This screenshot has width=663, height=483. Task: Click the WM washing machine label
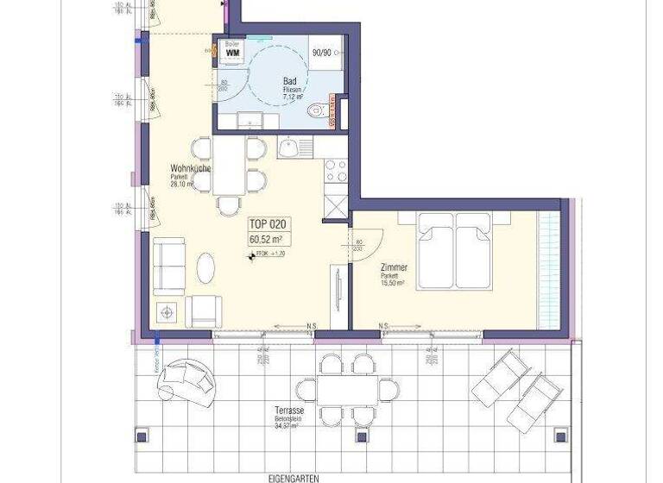(231, 53)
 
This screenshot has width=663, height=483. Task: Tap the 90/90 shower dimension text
(322, 53)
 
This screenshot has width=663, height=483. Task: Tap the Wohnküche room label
(191, 168)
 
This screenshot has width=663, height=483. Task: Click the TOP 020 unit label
(266, 223)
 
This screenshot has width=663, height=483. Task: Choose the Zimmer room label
(393, 267)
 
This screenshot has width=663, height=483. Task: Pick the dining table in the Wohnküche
(229, 168)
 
